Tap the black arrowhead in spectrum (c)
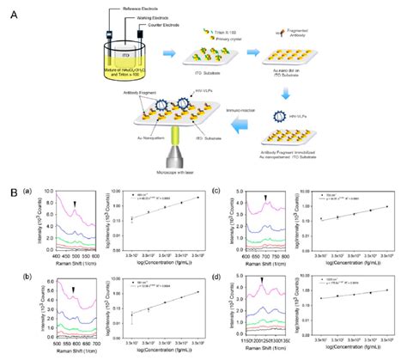pyautogui.click(x=265, y=198)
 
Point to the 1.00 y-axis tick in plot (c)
pyautogui.click(x=297, y=207)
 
